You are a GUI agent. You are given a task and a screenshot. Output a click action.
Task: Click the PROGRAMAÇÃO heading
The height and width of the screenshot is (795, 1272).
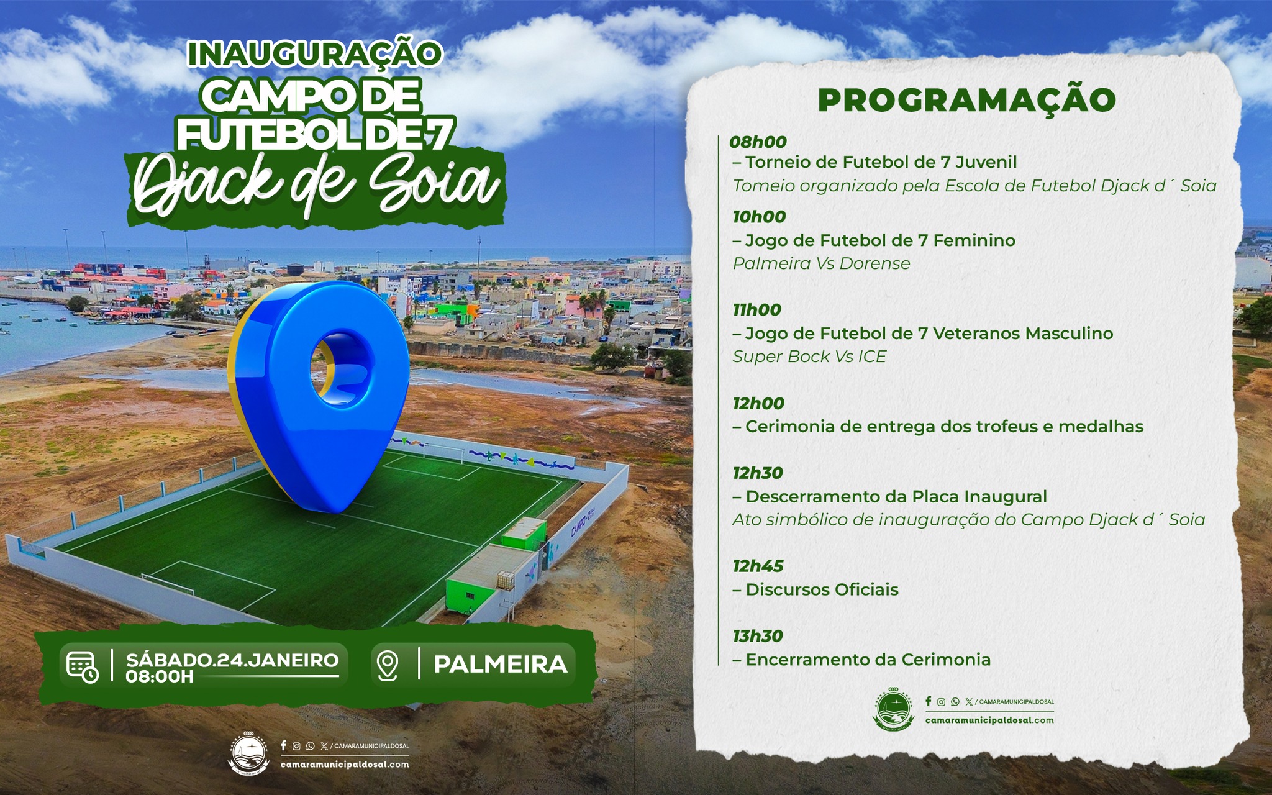pyautogui.click(x=966, y=100)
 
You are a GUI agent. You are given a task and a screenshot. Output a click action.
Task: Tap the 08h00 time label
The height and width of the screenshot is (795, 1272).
pyautogui.click(x=758, y=142)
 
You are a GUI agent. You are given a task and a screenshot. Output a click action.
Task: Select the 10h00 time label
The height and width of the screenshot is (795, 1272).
pyautogui.click(x=759, y=217)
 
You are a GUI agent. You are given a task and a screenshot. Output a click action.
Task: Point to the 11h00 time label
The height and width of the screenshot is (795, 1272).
pyautogui.click(x=756, y=310)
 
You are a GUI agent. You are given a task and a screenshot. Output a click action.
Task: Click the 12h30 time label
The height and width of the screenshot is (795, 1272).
pyautogui.click(x=758, y=473)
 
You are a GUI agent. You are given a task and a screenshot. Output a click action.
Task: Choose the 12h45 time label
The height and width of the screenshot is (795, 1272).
pyautogui.click(x=758, y=566)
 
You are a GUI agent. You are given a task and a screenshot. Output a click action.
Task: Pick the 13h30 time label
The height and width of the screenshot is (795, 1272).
pyautogui.click(x=758, y=636)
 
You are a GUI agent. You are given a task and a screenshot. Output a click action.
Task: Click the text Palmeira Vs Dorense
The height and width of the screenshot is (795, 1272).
pyautogui.click(x=821, y=263)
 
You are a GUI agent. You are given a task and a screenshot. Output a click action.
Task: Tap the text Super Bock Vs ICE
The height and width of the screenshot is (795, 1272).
pyautogui.click(x=809, y=357)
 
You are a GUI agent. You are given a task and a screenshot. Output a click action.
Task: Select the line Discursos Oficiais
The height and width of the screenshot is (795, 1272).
pyautogui.click(x=815, y=589)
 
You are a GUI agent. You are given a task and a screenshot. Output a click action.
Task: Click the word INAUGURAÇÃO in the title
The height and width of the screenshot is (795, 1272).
pyautogui.click(x=314, y=54)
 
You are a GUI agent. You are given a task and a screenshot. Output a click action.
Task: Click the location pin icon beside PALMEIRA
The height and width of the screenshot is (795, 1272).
pyautogui.click(x=388, y=665)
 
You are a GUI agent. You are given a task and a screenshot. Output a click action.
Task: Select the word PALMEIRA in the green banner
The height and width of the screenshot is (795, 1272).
pyautogui.click(x=501, y=665)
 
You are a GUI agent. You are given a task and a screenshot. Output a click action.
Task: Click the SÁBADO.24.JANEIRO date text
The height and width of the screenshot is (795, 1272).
pyautogui.click(x=232, y=660)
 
